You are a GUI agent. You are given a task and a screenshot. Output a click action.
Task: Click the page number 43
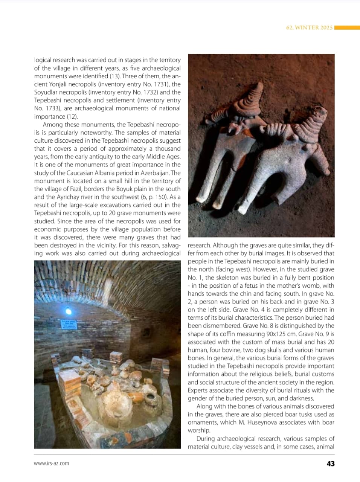pos(330,464)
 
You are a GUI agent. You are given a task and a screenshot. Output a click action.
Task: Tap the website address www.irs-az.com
pos(52,463)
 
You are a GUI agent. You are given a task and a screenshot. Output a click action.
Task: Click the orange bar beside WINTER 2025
pos(347,27)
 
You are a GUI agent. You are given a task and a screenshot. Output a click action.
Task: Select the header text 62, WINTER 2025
pos(309,27)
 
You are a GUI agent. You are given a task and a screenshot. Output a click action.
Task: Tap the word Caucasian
pos(80,173)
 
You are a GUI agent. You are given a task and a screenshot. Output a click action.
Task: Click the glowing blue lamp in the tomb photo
pos(68,311)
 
